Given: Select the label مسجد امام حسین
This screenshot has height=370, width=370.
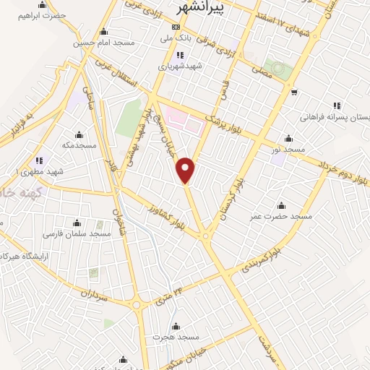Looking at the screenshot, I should (x=104, y=43).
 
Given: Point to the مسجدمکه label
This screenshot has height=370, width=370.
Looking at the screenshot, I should (x=79, y=145).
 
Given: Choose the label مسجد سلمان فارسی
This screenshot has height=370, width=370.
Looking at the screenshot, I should (x=77, y=234).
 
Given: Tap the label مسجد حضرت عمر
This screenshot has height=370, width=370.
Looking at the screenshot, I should (x=280, y=216).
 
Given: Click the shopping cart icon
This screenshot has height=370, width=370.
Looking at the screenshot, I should (x=293, y=92).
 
